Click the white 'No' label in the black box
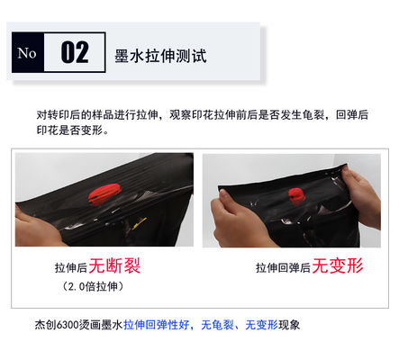pos(27,53)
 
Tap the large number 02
pos(75,52)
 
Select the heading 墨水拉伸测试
pos(160,56)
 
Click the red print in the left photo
pos(104,194)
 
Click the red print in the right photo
pos(296,195)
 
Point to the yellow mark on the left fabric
pos(140,223)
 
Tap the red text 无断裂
pos(114,265)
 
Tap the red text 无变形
pos(338,265)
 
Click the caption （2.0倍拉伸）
pos(93,286)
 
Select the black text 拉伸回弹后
pos(283,267)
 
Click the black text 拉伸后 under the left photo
pos(71,267)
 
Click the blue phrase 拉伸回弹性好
pos(157,325)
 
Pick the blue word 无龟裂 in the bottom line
pos(217,325)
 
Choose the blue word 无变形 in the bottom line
pos(261,325)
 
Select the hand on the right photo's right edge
pos(363,196)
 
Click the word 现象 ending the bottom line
pos(289,325)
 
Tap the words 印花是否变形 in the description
pos(70,130)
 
